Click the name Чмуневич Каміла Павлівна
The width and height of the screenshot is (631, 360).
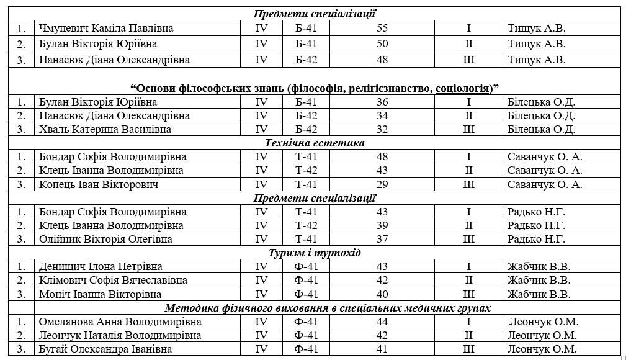(x=105, y=29)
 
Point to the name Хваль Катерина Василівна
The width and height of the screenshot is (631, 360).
(x=96, y=129)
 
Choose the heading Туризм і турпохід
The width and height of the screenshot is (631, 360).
(x=315, y=253)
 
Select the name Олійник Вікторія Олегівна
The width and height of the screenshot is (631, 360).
(x=105, y=239)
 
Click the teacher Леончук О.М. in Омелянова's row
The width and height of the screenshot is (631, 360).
(x=544, y=322)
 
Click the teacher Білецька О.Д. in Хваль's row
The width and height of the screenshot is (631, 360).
(x=541, y=129)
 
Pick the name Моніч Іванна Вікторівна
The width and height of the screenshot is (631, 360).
(x=100, y=294)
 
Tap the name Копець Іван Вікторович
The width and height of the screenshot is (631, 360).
(x=98, y=184)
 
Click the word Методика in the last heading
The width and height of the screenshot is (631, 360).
(x=189, y=308)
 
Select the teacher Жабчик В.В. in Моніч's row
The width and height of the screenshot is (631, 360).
(x=539, y=294)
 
